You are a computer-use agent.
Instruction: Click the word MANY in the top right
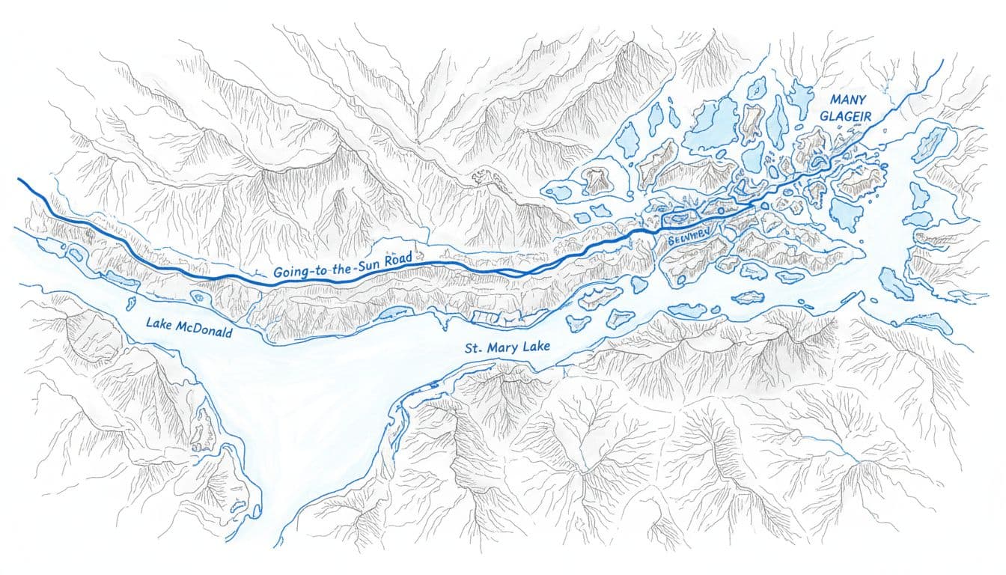pyautogui.click(x=842, y=100)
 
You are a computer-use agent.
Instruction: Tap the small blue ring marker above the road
pyautogui.click(x=764, y=204)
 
